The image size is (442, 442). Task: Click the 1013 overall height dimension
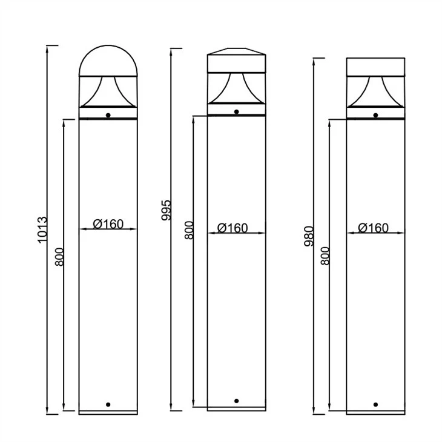42,229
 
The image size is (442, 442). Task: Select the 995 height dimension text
166,210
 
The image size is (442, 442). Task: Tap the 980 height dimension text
309,236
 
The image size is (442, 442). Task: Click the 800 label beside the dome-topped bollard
59,257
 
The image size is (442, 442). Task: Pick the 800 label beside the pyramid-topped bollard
190,230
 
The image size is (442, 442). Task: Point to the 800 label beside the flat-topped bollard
325,256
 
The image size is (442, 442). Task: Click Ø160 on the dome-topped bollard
108,224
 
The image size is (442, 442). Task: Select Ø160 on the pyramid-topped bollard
233,228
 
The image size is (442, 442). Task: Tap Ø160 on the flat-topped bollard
373,228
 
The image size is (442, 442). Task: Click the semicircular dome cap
108,46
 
